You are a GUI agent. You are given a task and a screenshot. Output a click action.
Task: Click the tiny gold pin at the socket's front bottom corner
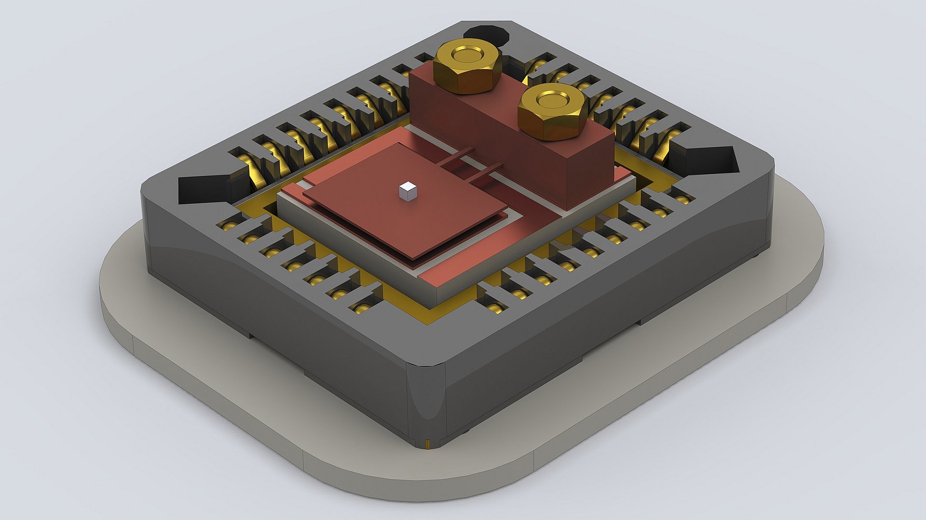point(428,443)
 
